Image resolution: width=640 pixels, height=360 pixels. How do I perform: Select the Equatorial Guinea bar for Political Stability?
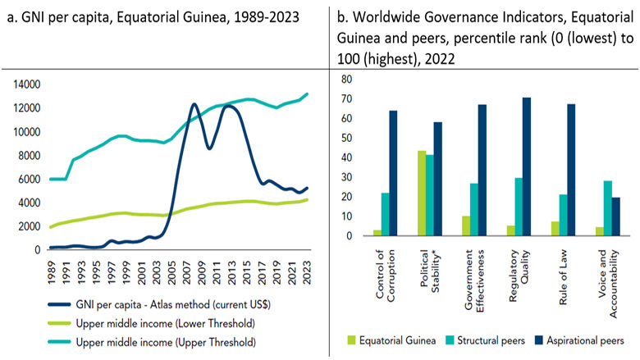tap(422, 194)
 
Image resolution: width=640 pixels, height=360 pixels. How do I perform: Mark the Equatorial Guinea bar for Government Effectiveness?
tap(467, 226)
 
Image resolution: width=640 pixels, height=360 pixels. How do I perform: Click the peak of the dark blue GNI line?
tap(194, 105)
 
